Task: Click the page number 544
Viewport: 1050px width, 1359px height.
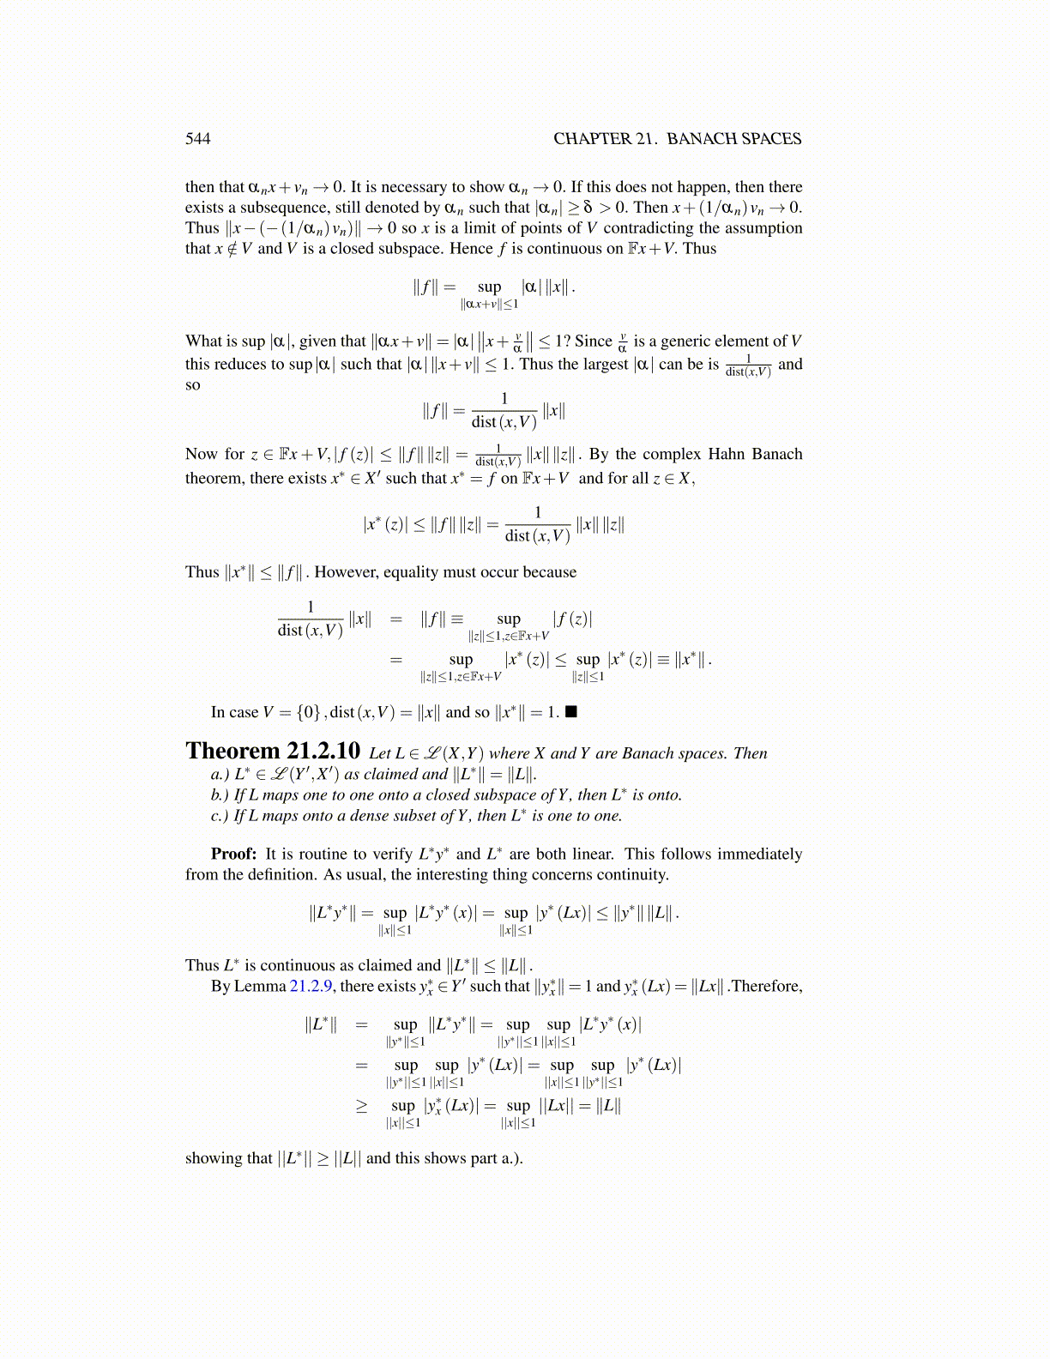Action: [197, 139]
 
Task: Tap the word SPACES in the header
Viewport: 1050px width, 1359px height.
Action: [768, 139]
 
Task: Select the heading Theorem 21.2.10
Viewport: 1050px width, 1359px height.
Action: [273, 752]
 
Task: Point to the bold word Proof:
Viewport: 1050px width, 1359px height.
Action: [233, 854]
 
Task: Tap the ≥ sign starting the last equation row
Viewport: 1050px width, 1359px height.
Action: [362, 1106]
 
